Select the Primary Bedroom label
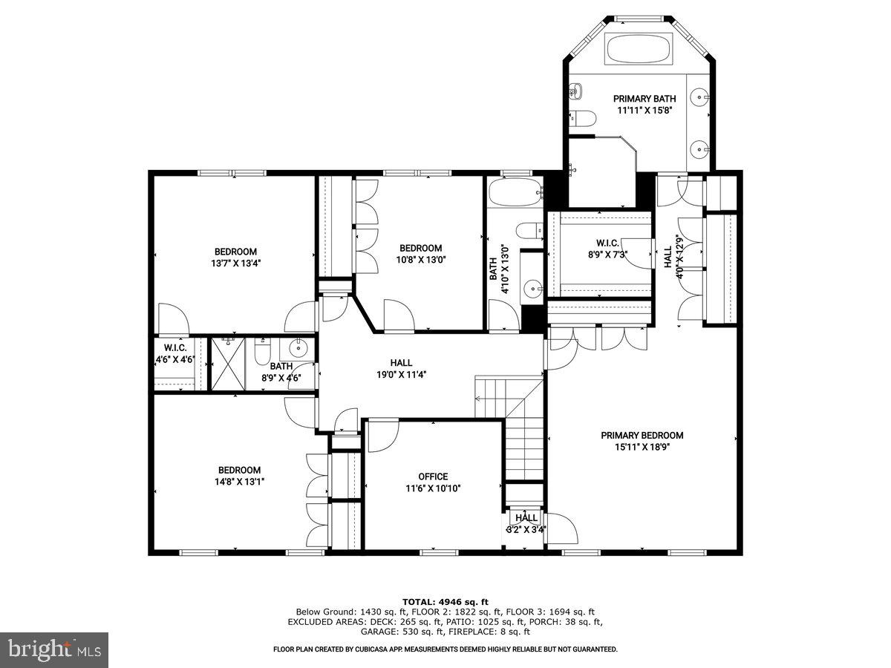click(x=642, y=436)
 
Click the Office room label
click(x=433, y=477)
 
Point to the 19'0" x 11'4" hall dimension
click(x=402, y=375)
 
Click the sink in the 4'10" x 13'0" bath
click(x=532, y=289)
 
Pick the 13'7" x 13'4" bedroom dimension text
click(x=235, y=263)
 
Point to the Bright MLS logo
click(x=54, y=650)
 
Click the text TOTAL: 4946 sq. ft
click(x=446, y=602)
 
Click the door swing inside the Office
click(x=380, y=435)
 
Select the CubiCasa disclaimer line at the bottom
click(x=446, y=649)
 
